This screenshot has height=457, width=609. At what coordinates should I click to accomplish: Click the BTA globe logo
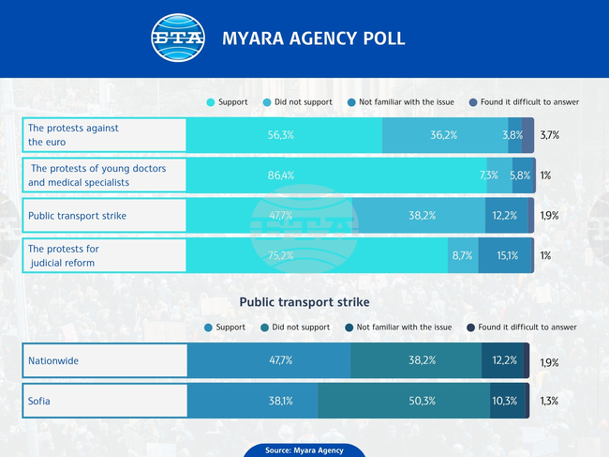tap(178, 38)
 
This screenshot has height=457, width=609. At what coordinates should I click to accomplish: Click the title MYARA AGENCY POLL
tap(313, 38)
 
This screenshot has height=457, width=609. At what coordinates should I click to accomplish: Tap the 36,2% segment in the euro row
tap(444, 135)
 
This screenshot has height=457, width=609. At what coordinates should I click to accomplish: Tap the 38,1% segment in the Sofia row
tap(252, 401)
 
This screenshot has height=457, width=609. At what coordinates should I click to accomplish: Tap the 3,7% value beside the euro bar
tap(550, 135)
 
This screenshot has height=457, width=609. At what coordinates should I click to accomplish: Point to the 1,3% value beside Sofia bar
tap(550, 401)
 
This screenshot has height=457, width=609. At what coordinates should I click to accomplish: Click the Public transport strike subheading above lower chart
tap(304, 302)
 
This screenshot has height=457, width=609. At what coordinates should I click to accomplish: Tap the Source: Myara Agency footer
tap(304, 450)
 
